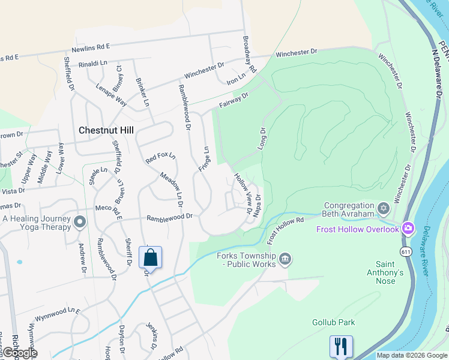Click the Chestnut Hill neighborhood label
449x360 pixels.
107,130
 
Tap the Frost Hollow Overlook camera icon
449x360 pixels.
408,228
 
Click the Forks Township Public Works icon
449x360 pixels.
285,259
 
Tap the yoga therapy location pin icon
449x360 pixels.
80,223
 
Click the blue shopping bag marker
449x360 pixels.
150,258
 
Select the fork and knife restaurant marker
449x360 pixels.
340,346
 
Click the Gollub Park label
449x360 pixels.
333,322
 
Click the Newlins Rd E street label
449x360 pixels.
90,46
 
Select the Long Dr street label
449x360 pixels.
262,139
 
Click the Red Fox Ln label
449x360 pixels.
160,159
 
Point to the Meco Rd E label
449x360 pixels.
108,210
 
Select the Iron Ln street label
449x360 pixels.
237,79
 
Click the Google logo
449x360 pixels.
20,353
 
